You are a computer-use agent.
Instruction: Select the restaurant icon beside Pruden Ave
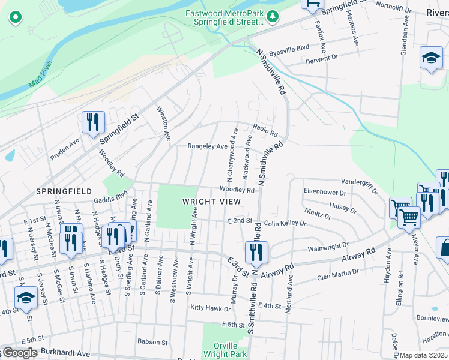(x=93, y=123)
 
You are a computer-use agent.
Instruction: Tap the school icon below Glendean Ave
(x=430, y=58)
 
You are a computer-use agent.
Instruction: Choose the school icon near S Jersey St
(x=25, y=298)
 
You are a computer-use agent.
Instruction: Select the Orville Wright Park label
(x=230, y=350)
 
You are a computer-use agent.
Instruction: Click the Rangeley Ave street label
(x=208, y=146)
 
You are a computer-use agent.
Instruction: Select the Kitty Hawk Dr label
(x=210, y=308)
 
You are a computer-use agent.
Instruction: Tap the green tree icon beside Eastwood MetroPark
(x=273, y=16)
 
